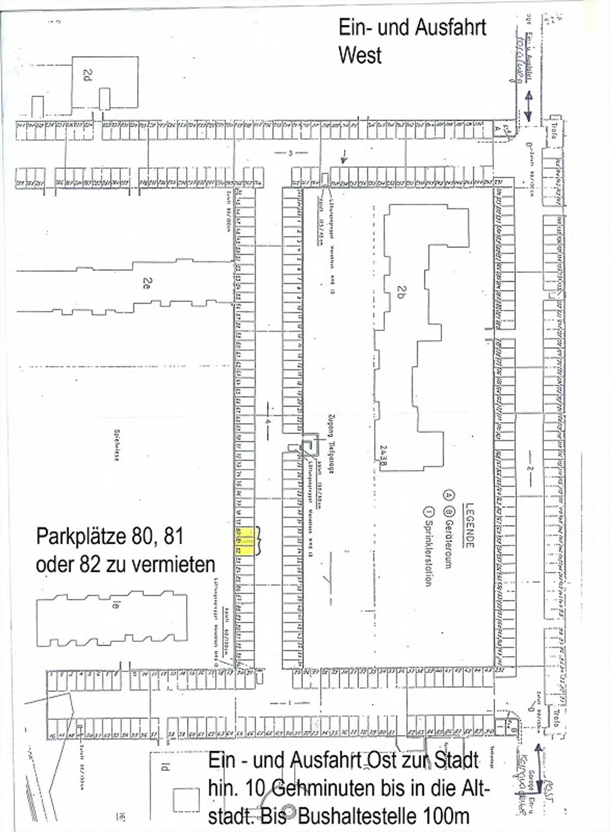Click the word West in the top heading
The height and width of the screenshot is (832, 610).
tap(360, 56)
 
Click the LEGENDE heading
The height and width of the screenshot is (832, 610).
tap(469, 526)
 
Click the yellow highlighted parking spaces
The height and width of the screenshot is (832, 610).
tap(245, 541)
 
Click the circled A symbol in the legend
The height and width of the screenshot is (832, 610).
tap(447, 494)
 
